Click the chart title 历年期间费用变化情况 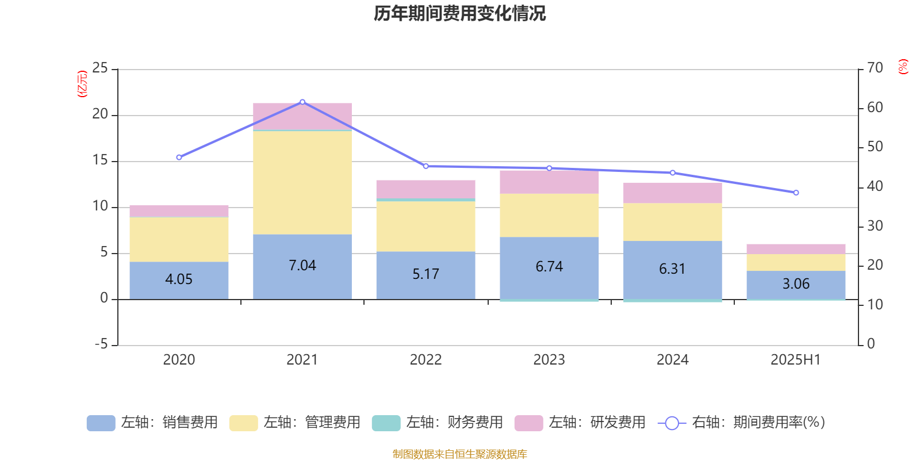(x=459, y=13)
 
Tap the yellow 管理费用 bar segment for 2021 (x=302, y=182)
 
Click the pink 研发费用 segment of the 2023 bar (x=549, y=182)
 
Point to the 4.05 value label (x=179, y=279)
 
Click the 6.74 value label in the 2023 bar (x=549, y=267)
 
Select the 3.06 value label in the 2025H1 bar (x=796, y=284)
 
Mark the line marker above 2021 (x=302, y=102)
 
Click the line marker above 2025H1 (x=796, y=193)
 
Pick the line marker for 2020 (x=179, y=157)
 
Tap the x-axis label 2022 (x=425, y=360)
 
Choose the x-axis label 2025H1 (x=796, y=360)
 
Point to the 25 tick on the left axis (x=100, y=68)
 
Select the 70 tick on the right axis (x=875, y=68)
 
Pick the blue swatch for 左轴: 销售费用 (x=101, y=423)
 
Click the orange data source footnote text (x=459, y=454)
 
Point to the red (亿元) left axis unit (x=82, y=84)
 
